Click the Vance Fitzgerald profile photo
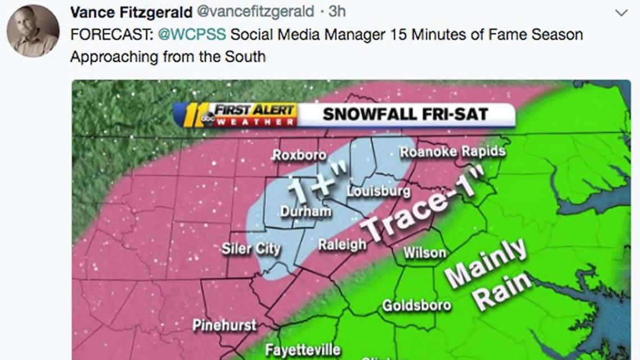point(33,31)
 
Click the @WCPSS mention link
point(193,34)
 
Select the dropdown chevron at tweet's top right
point(621,12)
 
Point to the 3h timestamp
point(337,11)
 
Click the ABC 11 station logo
point(194,115)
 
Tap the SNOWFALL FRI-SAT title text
point(405,115)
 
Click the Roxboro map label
point(299,155)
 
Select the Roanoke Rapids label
point(452,152)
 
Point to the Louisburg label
point(378,192)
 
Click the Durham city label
point(306,211)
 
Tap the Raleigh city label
point(342,244)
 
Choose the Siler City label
point(250,248)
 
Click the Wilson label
point(425,253)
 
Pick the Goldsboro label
point(416,305)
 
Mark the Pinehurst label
point(224,325)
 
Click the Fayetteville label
point(303,350)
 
